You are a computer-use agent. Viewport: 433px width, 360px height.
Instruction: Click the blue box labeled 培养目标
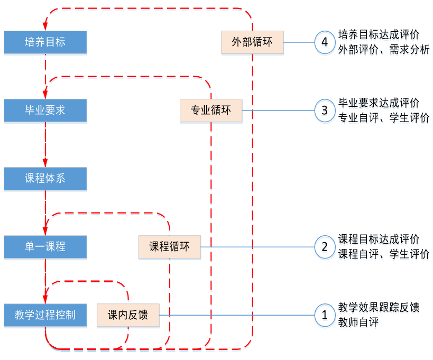[45, 42]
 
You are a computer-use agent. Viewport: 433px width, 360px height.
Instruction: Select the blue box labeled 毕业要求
[45, 110]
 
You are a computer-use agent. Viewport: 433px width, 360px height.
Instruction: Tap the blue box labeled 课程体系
[45, 179]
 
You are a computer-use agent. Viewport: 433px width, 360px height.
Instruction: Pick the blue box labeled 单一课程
[45, 247]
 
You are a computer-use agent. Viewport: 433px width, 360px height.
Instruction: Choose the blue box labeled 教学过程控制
[45, 316]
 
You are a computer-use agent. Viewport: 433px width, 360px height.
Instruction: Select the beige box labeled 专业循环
[211, 111]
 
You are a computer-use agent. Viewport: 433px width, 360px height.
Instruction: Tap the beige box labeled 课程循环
[170, 247]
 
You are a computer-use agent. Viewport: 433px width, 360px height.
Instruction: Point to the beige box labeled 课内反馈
[127, 316]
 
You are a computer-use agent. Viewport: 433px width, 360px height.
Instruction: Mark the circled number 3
[324, 110]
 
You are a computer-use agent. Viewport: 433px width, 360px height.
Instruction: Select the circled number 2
[324, 247]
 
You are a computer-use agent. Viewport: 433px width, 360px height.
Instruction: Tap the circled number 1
[324, 316]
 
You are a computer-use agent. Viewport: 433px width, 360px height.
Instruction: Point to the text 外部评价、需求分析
[383, 49]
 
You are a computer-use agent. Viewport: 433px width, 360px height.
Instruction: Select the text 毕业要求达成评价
[379, 103]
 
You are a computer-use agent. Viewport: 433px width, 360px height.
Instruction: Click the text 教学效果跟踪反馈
[379, 308]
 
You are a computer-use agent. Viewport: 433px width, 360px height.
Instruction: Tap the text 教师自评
[358, 322]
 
